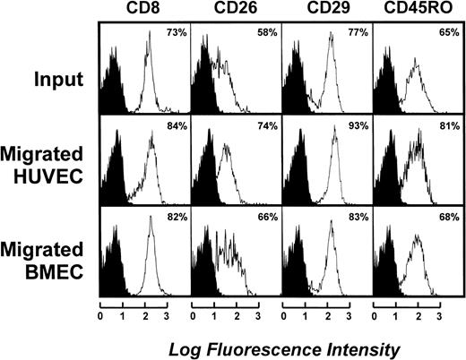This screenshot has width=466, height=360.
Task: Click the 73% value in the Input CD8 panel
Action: point(175,34)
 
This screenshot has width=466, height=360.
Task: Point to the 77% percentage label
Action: point(358,34)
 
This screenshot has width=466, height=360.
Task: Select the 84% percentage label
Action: point(175,125)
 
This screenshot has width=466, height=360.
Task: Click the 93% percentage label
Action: point(358,125)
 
